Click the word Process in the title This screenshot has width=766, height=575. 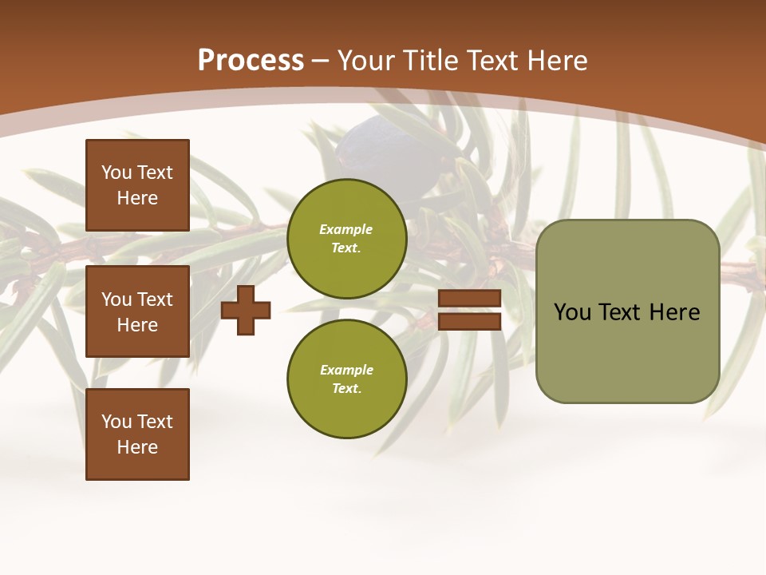(x=251, y=61)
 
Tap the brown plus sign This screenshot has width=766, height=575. (x=246, y=310)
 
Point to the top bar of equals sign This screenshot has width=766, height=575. (x=470, y=299)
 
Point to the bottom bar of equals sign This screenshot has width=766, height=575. (x=470, y=321)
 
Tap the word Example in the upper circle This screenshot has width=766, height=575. (x=346, y=229)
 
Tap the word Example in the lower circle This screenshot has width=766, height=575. (x=346, y=370)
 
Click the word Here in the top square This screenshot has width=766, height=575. (x=137, y=198)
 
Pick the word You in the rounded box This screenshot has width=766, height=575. (x=572, y=312)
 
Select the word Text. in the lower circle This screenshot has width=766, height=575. (x=346, y=388)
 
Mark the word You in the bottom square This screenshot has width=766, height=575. (x=116, y=422)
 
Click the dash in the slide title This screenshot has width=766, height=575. (x=321, y=61)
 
